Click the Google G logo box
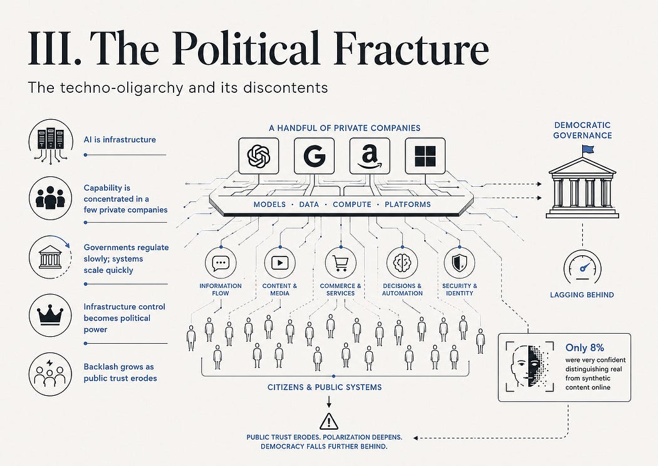click(x=315, y=156)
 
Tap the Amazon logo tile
click(x=370, y=156)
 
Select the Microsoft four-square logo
click(x=425, y=156)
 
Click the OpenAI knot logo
click(x=258, y=156)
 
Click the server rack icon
click(x=51, y=140)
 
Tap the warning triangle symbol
click(x=328, y=421)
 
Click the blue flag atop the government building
click(x=587, y=149)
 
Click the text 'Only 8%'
click(x=585, y=347)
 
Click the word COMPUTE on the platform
click(x=352, y=204)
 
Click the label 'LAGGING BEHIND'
click(x=582, y=295)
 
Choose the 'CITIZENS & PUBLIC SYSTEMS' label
click(x=325, y=387)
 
